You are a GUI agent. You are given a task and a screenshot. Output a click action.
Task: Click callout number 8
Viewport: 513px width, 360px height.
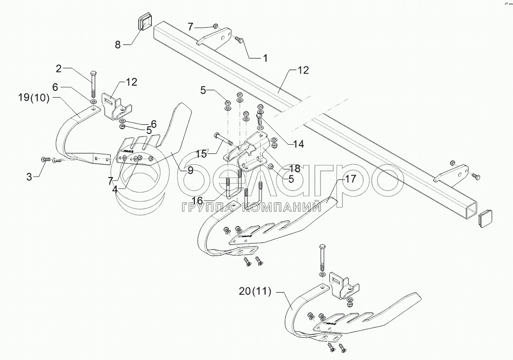[117, 45]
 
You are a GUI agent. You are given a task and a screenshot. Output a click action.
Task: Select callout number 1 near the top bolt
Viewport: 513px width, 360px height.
[264, 58]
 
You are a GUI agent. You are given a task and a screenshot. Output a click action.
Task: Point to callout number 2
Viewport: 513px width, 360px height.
[59, 69]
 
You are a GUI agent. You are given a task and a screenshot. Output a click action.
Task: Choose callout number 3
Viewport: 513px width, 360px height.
[29, 177]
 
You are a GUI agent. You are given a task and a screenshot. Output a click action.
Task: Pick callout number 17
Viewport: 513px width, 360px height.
[350, 179]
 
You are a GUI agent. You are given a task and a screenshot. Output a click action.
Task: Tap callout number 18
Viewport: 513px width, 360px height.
[294, 169]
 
